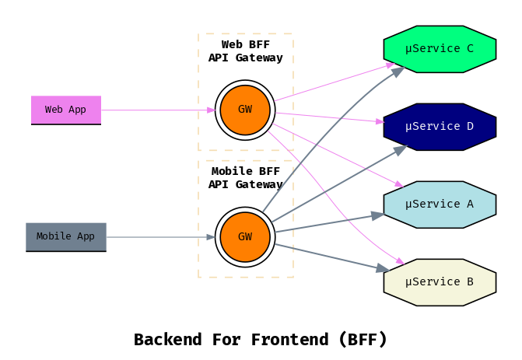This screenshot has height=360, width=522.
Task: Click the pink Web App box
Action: pos(66,110)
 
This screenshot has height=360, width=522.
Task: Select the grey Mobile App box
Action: pos(66,236)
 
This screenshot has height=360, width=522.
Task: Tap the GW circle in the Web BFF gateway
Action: pos(245,110)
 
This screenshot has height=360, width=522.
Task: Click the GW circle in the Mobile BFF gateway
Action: pos(245,236)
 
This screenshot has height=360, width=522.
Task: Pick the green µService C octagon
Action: pos(440,49)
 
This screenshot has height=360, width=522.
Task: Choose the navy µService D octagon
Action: pos(440,126)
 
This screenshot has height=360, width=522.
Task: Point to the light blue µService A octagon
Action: pos(440,204)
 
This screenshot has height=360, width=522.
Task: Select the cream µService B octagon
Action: pos(440,281)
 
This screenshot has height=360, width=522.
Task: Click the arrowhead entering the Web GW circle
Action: pos(211,110)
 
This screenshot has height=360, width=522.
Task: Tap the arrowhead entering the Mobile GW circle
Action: pos(211,236)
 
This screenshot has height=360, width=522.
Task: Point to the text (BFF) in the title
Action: pos(363,340)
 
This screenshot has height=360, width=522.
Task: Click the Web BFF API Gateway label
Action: pos(245,51)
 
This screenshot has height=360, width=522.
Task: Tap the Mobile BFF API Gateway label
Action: pos(245,177)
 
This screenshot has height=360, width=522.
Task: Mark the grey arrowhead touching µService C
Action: pos(398,72)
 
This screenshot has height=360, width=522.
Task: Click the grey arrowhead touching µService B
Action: pos(382,269)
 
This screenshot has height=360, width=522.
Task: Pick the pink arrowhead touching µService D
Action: pos(380,121)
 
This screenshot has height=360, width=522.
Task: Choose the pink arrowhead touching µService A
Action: pos(398,184)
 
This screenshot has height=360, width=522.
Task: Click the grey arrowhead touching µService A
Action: pos(377,215)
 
